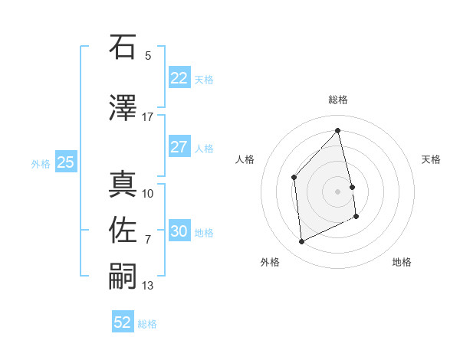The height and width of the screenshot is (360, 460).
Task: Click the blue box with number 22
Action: tap(179, 77)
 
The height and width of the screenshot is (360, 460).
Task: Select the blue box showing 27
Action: tap(179, 147)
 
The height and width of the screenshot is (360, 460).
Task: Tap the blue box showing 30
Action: tap(179, 231)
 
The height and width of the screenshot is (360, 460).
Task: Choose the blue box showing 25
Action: tap(65, 162)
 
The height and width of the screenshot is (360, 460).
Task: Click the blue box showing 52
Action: tap(123, 322)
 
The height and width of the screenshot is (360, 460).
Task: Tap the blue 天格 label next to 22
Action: tap(204, 79)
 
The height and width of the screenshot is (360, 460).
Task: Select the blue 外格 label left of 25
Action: tap(41, 163)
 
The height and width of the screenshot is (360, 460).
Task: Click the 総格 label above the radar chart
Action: tap(338, 100)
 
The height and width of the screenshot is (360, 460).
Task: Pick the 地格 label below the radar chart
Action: tap(402, 262)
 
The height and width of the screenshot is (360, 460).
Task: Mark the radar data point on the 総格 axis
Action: tap(338, 130)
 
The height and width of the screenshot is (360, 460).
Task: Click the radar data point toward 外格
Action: tap(301, 242)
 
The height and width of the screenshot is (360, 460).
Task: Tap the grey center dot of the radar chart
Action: tap(338, 191)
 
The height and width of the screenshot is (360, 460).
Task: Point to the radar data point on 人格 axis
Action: tap(294, 178)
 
